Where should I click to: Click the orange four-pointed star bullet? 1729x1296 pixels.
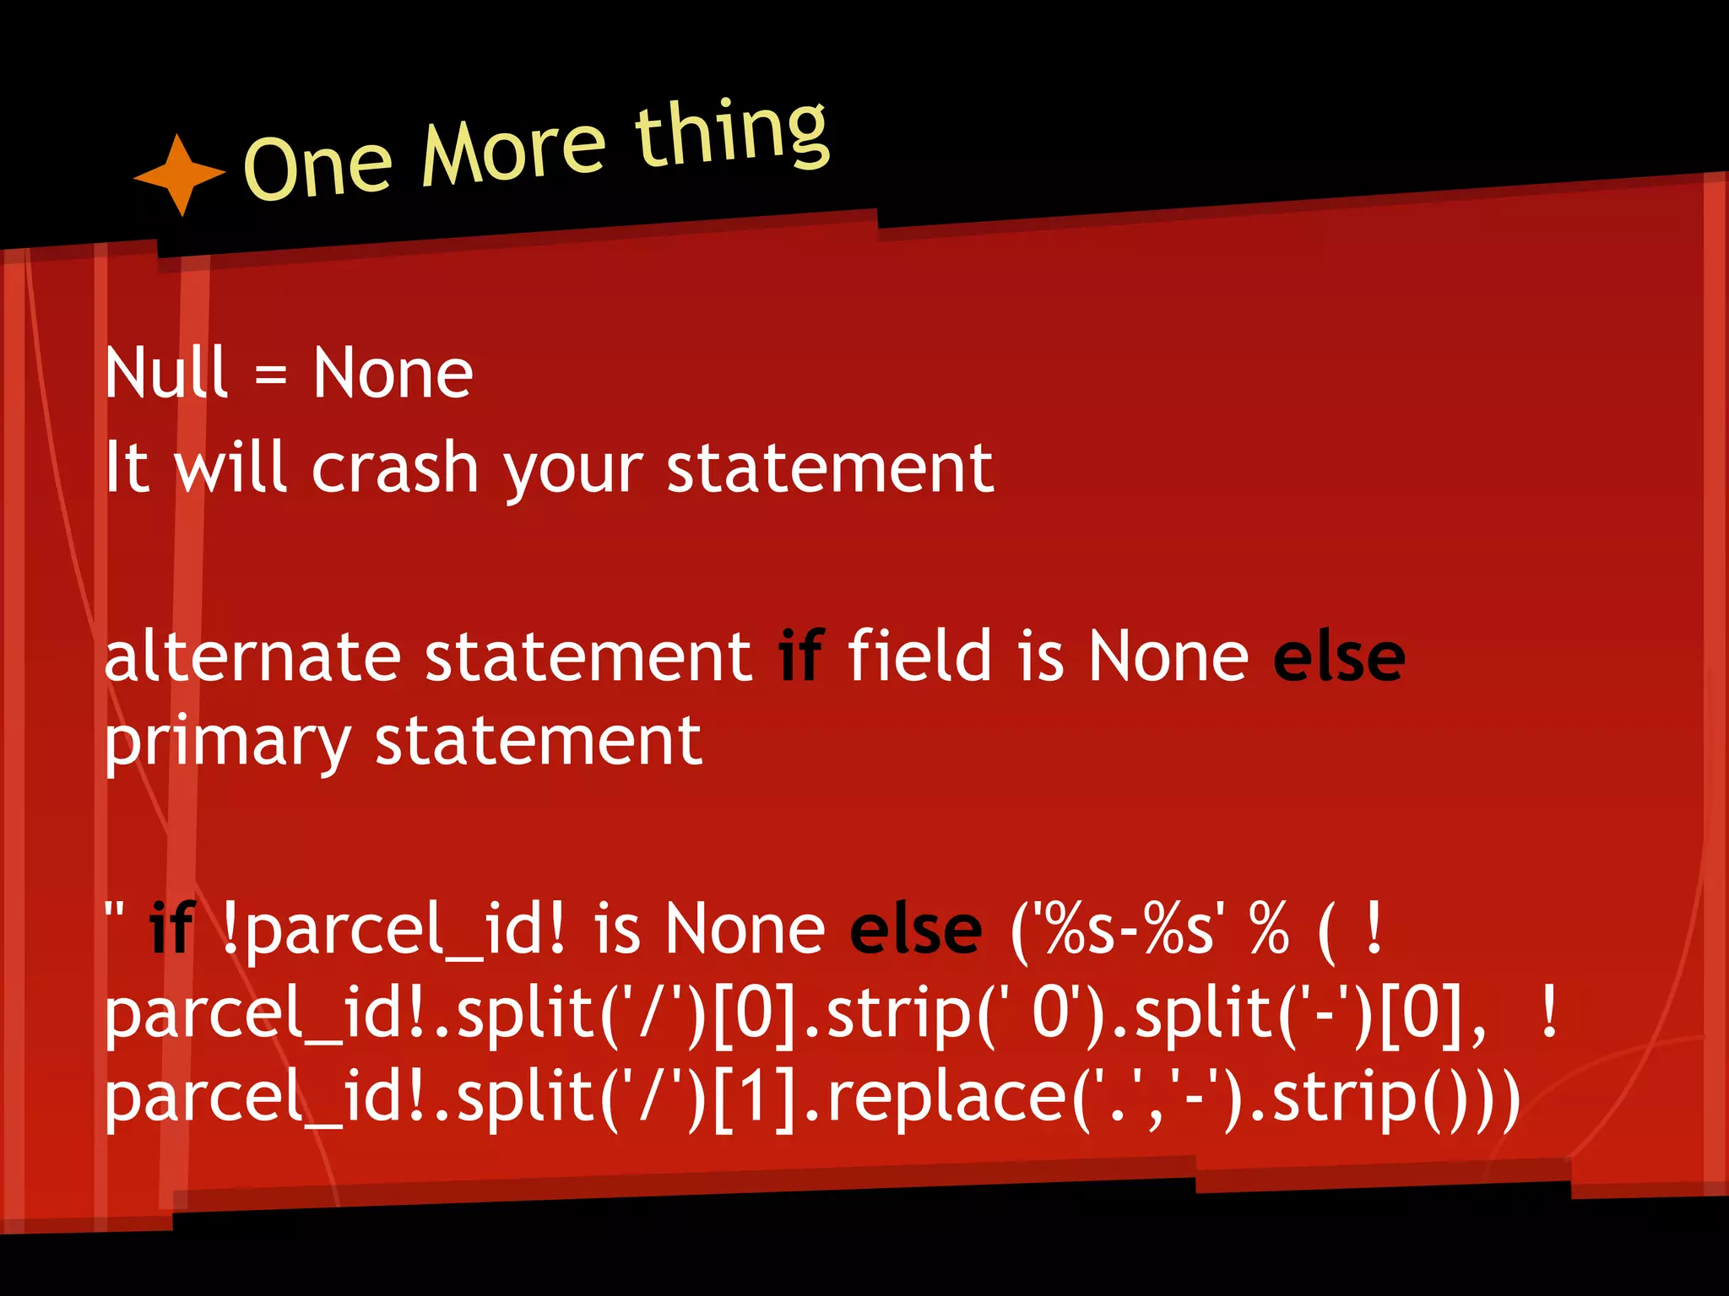click(x=180, y=175)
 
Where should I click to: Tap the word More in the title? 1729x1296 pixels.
click(x=513, y=148)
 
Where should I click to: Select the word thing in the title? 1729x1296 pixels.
click(x=731, y=133)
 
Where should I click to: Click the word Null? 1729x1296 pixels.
click(x=166, y=373)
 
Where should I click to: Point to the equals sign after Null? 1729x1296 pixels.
click(x=270, y=375)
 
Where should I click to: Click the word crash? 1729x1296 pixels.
click(x=395, y=468)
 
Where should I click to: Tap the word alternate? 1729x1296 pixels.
click(x=252, y=657)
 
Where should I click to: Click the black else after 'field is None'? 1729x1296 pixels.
click(x=1338, y=657)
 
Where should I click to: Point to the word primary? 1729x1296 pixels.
click(x=227, y=743)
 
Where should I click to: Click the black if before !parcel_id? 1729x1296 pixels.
click(x=172, y=928)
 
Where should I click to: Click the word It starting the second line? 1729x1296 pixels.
click(x=127, y=467)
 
